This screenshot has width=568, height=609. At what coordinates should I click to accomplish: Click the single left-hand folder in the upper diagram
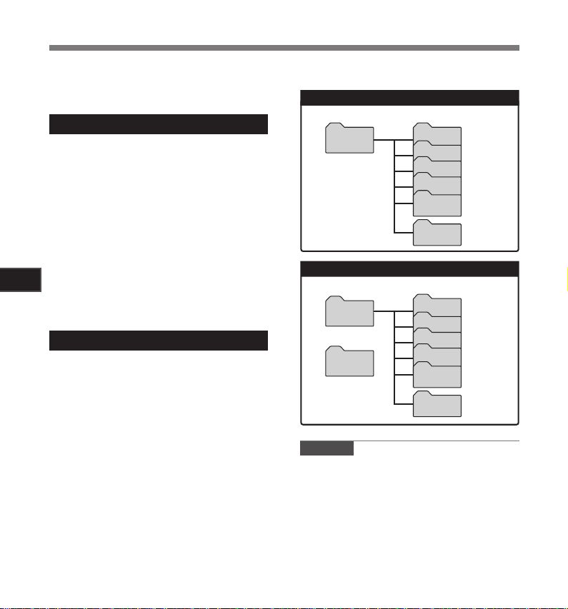click(x=349, y=140)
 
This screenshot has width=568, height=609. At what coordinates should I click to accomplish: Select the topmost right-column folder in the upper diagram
click(x=437, y=135)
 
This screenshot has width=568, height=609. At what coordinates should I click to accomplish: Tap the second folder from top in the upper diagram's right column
click(x=437, y=151)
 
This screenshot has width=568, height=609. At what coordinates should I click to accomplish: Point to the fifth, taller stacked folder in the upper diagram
click(x=437, y=204)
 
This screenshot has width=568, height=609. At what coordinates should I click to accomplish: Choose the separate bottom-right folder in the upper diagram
click(x=437, y=234)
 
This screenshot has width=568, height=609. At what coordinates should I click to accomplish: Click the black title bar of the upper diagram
click(x=409, y=98)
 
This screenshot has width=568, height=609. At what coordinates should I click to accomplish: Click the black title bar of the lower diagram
click(x=409, y=269)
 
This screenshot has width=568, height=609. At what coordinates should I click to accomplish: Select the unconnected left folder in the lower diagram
click(x=349, y=362)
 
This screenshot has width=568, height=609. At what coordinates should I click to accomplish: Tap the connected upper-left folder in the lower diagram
click(x=349, y=312)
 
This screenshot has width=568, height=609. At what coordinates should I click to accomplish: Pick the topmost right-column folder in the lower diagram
click(x=437, y=306)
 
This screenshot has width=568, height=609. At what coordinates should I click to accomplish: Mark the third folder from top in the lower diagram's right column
click(x=437, y=339)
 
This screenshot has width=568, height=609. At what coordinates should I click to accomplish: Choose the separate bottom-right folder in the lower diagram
click(x=437, y=405)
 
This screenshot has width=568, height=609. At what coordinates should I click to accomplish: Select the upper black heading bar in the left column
click(x=158, y=124)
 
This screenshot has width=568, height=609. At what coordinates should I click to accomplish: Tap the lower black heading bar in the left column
click(x=158, y=341)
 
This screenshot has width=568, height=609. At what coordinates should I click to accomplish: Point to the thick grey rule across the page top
click(x=284, y=48)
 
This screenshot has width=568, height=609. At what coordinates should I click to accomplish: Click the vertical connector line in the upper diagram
click(x=394, y=186)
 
